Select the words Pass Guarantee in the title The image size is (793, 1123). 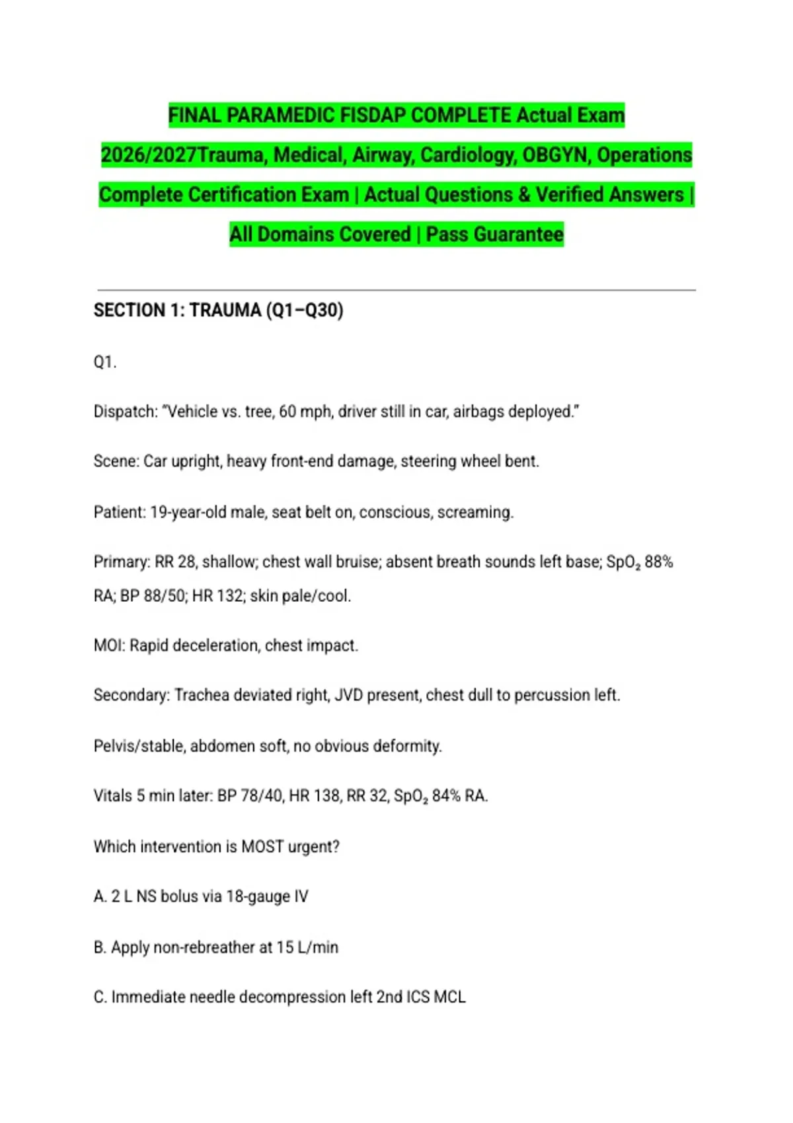pos(494,234)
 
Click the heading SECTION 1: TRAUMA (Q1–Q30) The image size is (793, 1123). pos(218,310)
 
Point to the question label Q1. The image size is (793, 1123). pos(105,362)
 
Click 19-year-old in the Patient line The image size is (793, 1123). pos(188,512)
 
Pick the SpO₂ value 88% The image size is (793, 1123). pos(659,561)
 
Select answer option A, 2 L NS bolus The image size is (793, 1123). pos(201,896)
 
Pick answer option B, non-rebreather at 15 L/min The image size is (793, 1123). pos(216,947)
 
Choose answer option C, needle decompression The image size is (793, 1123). pos(280,996)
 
